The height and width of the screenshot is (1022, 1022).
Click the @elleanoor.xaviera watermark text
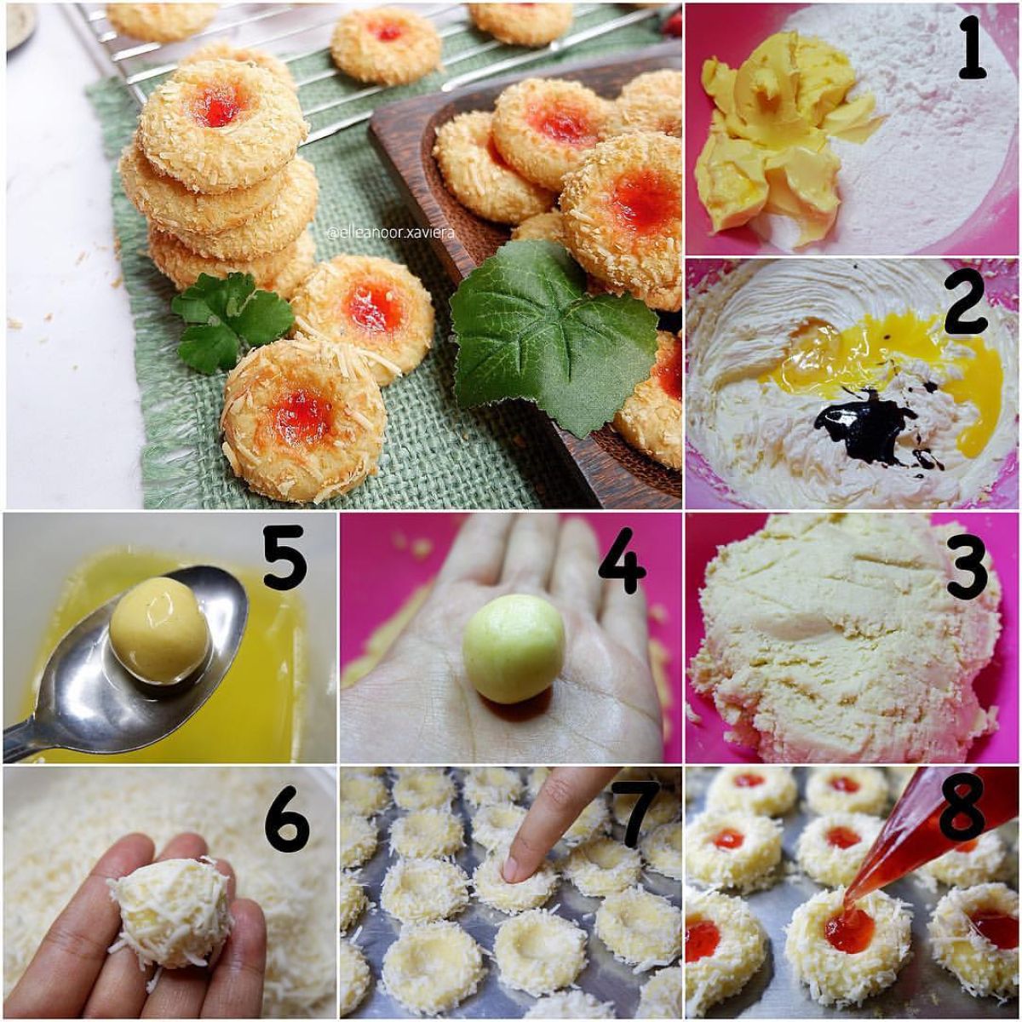click(392, 233)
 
